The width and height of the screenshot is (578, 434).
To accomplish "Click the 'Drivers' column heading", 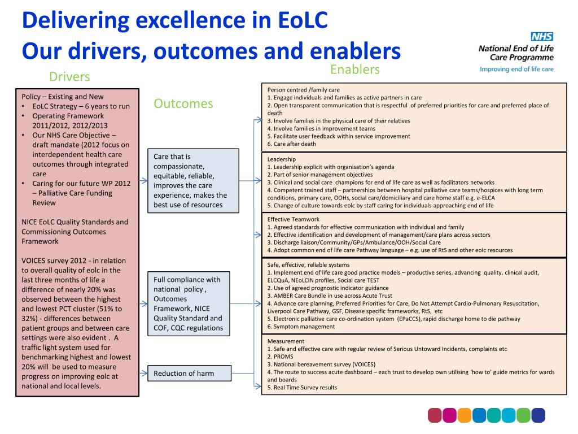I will point(69,76).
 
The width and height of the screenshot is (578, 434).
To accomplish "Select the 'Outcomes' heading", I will point(183,103).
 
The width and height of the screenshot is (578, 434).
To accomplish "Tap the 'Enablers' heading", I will point(355,70).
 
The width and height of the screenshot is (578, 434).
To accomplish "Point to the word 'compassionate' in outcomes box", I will point(179,166).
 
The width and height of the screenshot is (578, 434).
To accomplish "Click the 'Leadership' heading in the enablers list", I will point(281,159).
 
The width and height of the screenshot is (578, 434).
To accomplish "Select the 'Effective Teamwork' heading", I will point(293,219).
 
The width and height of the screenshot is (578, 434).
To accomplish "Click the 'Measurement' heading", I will point(286,341).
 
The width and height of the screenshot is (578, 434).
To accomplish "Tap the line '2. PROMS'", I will point(282,357).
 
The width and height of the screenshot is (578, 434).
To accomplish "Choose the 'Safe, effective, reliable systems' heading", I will point(308,264).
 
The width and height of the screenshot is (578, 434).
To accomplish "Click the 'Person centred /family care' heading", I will point(303,90).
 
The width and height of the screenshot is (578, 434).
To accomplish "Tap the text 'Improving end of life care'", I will point(516,70).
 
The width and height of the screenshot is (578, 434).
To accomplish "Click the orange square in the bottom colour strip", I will point(464,415).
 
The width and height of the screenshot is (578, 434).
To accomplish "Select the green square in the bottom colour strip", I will point(523,415).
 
